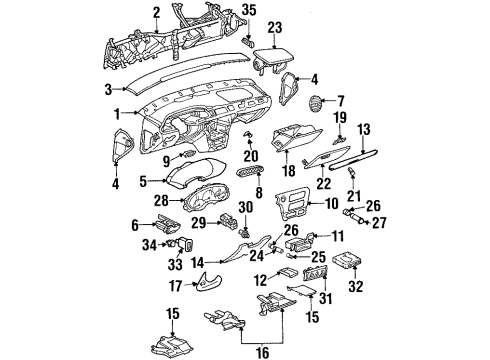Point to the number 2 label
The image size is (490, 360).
click(x=156, y=12)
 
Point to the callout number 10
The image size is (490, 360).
click(x=332, y=203)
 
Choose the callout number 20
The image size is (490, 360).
click(x=250, y=155)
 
